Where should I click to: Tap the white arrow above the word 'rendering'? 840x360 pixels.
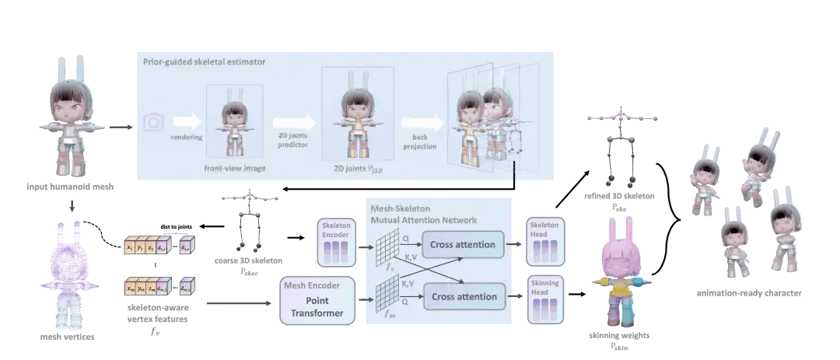186,121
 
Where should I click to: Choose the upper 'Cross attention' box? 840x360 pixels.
464,245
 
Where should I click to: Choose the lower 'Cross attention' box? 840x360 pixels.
464,296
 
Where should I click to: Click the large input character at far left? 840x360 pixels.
71,117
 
